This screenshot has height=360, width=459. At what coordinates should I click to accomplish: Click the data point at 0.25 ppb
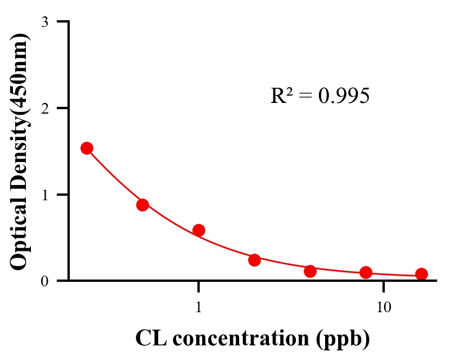pos(87,148)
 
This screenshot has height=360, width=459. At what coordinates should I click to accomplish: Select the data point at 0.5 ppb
pos(142,205)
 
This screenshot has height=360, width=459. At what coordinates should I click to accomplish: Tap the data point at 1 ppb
pos(199,230)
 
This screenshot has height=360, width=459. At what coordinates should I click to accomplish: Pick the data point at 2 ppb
pos(254,260)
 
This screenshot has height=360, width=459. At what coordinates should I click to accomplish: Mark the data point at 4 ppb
pos(310,271)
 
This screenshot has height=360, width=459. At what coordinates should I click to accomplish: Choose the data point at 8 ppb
pos(366,273)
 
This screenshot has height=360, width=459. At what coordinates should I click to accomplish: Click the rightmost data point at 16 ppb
pos(421,274)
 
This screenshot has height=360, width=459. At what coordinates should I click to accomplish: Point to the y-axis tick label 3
pos(44,22)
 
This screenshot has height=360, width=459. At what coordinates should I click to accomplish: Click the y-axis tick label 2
pos(44,108)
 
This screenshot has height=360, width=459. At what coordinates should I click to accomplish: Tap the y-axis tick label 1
pos(44,195)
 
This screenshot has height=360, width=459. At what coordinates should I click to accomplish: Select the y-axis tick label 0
pos(44,281)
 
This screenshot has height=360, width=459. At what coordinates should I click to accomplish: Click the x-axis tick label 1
pos(199,307)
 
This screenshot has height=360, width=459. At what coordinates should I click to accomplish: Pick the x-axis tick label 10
pos(384,307)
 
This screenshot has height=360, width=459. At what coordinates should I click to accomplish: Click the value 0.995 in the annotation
pos(344,96)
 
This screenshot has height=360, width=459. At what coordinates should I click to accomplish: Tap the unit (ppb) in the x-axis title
pos(343,338)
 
